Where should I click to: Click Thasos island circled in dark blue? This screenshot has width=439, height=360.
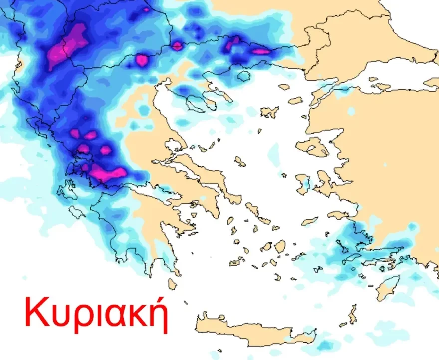(x=243, y=76)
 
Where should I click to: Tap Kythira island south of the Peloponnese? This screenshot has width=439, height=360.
(x=172, y=284)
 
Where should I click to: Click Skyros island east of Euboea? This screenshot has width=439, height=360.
(x=240, y=161)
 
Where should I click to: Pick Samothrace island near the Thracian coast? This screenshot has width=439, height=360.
(x=284, y=87)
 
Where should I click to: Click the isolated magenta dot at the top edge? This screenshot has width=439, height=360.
(x=146, y=9)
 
